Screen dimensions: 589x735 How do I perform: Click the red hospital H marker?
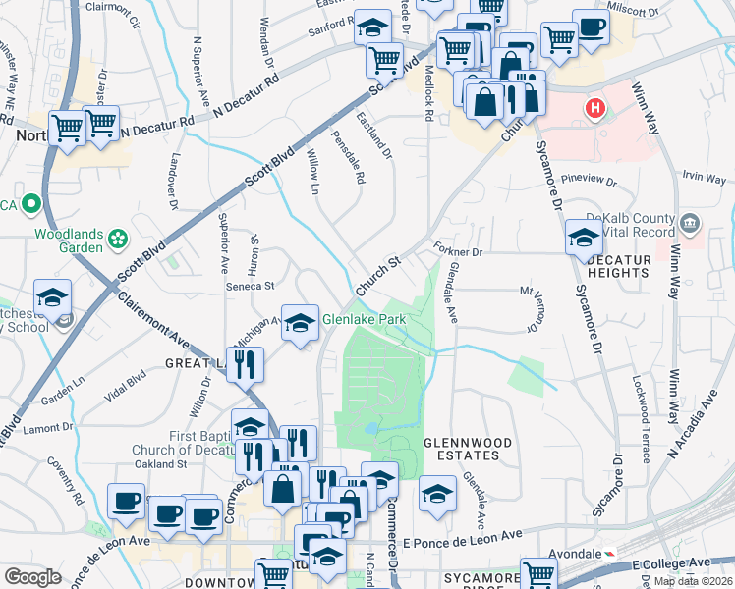click(x=594, y=107)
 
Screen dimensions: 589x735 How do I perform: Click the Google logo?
click(x=32, y=576)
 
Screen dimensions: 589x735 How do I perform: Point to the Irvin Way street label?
click(x=704, y=177)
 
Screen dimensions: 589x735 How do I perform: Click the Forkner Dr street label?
click(x=453, y=250)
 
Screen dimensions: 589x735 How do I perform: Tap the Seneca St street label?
click(x=251, y=287)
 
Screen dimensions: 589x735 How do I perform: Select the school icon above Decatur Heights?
click(x=584, y=239)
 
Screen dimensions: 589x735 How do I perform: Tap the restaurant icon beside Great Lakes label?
click(x=245, y=363)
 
